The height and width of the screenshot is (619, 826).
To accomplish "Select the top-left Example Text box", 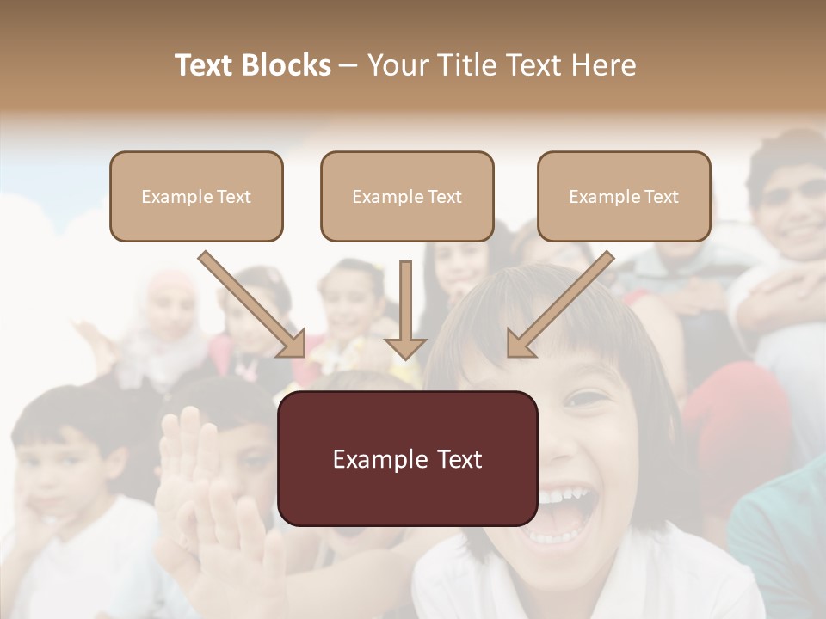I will [196, 197].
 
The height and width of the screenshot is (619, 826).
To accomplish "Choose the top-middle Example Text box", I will [407, 197].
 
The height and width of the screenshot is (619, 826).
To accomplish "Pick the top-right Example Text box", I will [624, 197].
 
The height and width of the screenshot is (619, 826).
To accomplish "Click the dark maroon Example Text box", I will [407, 459].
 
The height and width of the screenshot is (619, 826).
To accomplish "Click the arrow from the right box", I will [560, 304].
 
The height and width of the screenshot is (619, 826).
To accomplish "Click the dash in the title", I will [348, 66].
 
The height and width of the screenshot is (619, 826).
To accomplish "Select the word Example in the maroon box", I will [379, 459].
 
